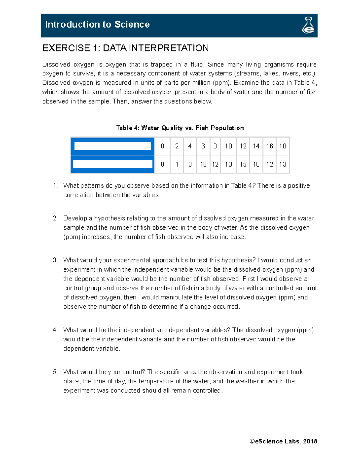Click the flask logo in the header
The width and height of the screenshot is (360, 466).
(308, 25)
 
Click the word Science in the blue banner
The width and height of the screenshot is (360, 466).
(132, 24)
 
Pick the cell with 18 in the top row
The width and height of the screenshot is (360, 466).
(283, 146)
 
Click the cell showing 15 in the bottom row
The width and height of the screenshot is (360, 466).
(243, 164)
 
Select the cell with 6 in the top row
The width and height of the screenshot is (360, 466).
(203, 146)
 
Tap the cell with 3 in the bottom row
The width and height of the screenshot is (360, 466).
(190, 164)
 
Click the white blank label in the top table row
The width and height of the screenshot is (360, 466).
(112, 146)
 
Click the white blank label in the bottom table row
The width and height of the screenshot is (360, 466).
(112, 164)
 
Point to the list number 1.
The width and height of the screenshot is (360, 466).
(55, 186)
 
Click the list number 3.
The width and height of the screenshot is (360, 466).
(55, 260)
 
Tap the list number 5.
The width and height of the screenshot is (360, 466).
(55, 372)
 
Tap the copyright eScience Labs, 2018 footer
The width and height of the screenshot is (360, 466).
(283, 441)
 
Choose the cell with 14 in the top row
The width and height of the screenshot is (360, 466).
(256, 146)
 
